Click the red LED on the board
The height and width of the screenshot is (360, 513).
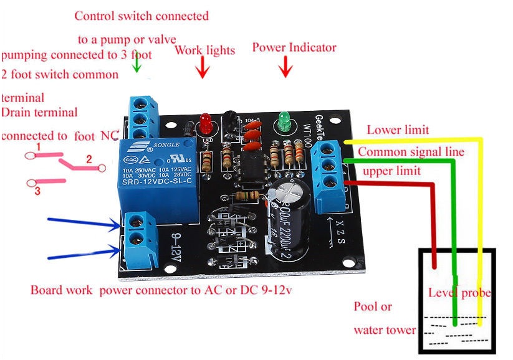click(x=204, y=123)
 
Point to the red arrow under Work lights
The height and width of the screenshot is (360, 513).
click(x=202, y=67)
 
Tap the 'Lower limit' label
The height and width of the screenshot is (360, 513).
click(x=398, y=130)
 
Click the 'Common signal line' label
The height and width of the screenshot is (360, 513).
click(x=411, y=151)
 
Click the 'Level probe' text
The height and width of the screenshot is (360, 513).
click(x=459, y=293)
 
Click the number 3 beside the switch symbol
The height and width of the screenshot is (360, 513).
click(x=37, y=191)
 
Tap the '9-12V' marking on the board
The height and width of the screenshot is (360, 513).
click(x=173, y=246)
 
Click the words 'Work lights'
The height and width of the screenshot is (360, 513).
click(x=204, y=50)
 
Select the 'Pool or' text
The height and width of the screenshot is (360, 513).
click(x=373, y=306)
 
